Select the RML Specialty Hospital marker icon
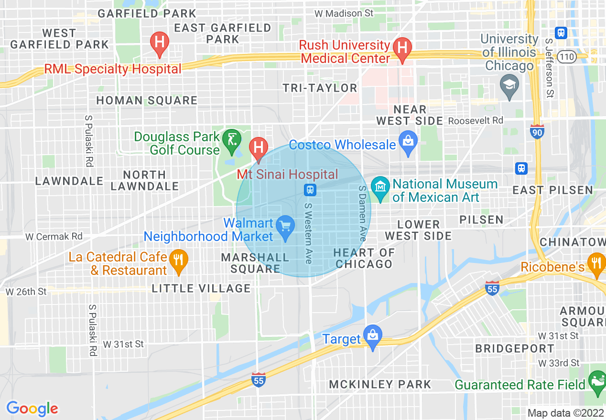[x=159, y=42]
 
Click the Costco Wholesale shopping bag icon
[x=408, y=143]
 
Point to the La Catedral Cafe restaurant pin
[x=178, y=261]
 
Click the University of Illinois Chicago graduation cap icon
[x=509, y=86]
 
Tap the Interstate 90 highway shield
[x=537, y=132]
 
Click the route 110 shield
[x=567, y=56]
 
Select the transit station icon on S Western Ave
[x=310, y=190]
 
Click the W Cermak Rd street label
[x=54, y=236]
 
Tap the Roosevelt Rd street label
[x=476, y=121]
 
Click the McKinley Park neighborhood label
[x=380, y=384]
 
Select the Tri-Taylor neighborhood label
[x=320, y=88]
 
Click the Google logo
[x=32, y=409]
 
